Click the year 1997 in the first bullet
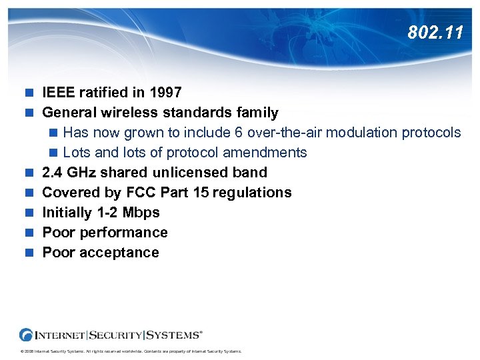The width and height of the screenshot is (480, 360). [x=165, y=92]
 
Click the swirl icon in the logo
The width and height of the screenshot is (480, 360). [x=27, y=334]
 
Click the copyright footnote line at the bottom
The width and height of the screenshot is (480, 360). [x=130, y=351]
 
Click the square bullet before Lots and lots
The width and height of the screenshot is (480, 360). [x=54, y=153]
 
